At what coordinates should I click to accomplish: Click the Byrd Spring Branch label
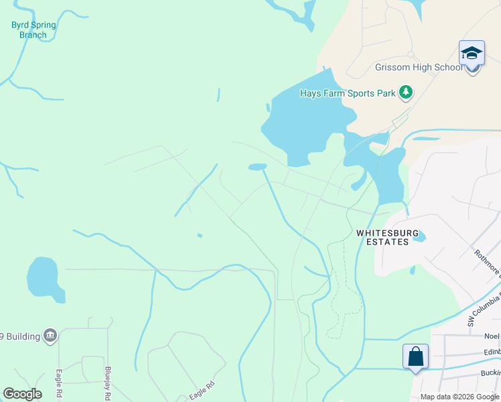click(33, 30)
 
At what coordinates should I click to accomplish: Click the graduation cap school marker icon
click(472, 53)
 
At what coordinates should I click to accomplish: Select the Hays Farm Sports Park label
click(347, 93)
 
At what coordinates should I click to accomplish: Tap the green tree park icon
click(405, 92)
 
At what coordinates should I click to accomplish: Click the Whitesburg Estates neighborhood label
click(387, 237)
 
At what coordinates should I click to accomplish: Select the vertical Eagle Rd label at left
click(59, 385)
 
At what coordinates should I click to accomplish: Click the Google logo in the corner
click(22, 394)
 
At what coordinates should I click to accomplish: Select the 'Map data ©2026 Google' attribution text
click(459, 397)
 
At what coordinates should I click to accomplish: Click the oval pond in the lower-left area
click(44, 277)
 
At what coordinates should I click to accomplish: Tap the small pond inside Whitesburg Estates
click(419, 237)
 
